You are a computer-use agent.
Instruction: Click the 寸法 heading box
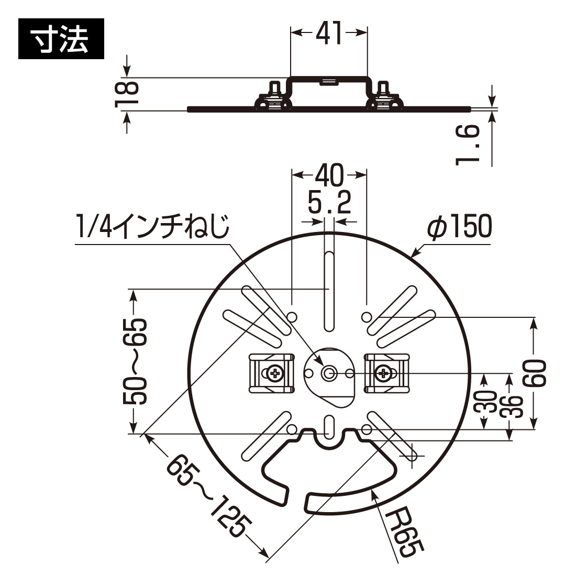pos(61,39)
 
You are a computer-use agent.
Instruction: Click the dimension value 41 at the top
pos(328,34)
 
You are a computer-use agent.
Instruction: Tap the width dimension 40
pos(329,175)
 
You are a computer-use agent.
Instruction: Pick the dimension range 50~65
pos(135,361)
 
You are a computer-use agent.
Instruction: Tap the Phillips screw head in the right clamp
pos(384,373)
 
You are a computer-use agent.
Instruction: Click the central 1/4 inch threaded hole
pos(329,373)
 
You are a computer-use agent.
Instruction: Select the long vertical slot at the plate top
pos(328,291)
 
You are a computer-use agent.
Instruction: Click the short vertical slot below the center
pos(329,427)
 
